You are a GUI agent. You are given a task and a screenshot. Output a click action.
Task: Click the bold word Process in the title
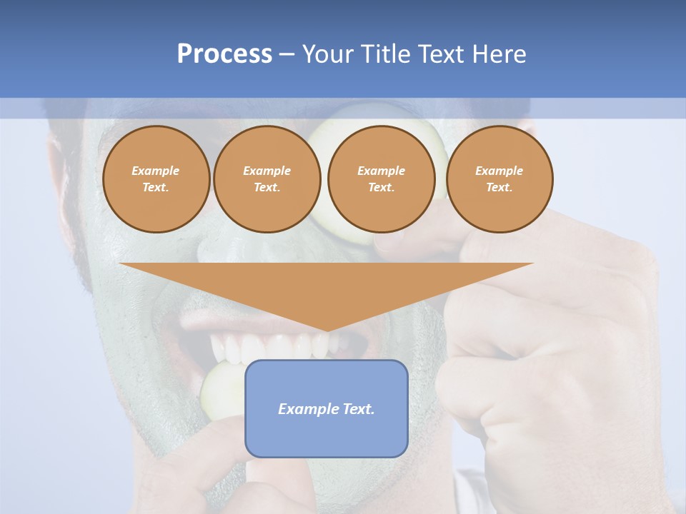[224, 54]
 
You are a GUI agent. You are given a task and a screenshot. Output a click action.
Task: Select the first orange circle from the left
[156, 179]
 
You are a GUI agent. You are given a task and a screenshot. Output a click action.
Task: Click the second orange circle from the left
[267, 179]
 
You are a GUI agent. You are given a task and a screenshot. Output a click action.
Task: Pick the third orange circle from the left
[381, 179]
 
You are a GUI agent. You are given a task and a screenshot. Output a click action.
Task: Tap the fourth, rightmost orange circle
[499, 179]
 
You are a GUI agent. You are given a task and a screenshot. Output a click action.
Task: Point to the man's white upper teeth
[272, 347]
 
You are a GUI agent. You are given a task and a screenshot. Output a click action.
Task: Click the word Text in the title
[440, 54]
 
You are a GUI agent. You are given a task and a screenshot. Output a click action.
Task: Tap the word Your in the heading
[325, 54]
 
